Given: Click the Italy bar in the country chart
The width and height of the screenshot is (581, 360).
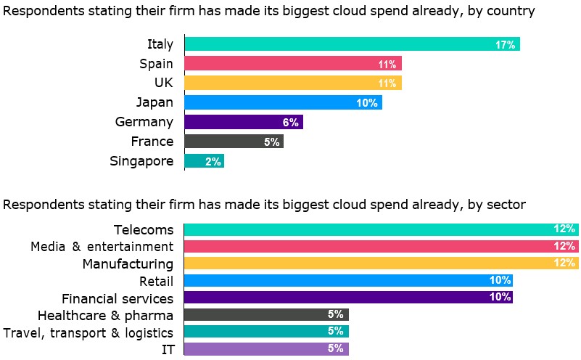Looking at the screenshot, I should [352, 44].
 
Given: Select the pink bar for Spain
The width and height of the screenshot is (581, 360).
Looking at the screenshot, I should [292, 64].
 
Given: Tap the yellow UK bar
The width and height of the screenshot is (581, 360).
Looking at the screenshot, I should [292, 83].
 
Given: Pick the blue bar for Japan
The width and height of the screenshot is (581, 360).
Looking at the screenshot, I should [283, 103].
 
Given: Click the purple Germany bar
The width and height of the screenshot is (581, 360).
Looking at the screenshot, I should [243, 122].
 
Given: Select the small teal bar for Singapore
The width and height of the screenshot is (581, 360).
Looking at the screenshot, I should [204, 161].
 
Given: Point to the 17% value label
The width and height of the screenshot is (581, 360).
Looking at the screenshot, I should [505, 45].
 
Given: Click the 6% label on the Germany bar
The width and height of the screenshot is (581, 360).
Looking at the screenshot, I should [290, 123].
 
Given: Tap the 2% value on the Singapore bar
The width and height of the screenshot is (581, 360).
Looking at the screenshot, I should [213, 162].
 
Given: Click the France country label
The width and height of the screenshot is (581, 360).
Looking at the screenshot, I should [152, 142].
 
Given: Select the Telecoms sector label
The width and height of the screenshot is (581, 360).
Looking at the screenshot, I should [144, 230].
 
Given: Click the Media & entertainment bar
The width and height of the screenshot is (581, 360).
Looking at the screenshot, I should [381, 247].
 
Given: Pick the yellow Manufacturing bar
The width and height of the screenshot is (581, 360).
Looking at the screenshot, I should [381, 263].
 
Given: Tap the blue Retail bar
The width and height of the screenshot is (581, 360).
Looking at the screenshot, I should [348, 280].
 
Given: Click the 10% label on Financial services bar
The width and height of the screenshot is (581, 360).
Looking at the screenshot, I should [500, 297].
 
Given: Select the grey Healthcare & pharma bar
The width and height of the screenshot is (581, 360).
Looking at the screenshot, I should [266, 314].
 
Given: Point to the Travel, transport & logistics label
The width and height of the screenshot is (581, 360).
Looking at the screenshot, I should [88, 332].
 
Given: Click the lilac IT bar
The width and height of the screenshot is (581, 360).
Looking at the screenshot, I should [266, 348].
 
